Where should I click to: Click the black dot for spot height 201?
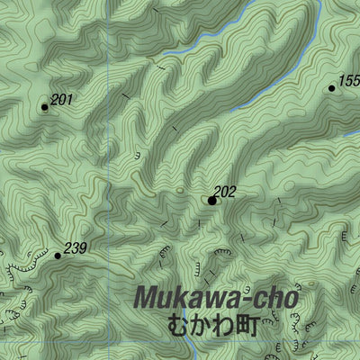pyautogui.click(x=44, y=107)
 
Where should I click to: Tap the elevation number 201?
pyautogui.click(x=61, y=100)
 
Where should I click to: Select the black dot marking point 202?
pyautogui.click(x=212, y=201)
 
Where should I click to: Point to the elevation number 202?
pyautogui.click(x=225, y=192)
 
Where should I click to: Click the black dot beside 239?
pyautogui.click(x=58, y=256)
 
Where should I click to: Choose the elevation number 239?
pyautogui.click(x=76, y=247)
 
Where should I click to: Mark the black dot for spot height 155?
pyautogui.click(x=331, y=88)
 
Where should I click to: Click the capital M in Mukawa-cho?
pyautogui.click(x=148, y=297)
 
